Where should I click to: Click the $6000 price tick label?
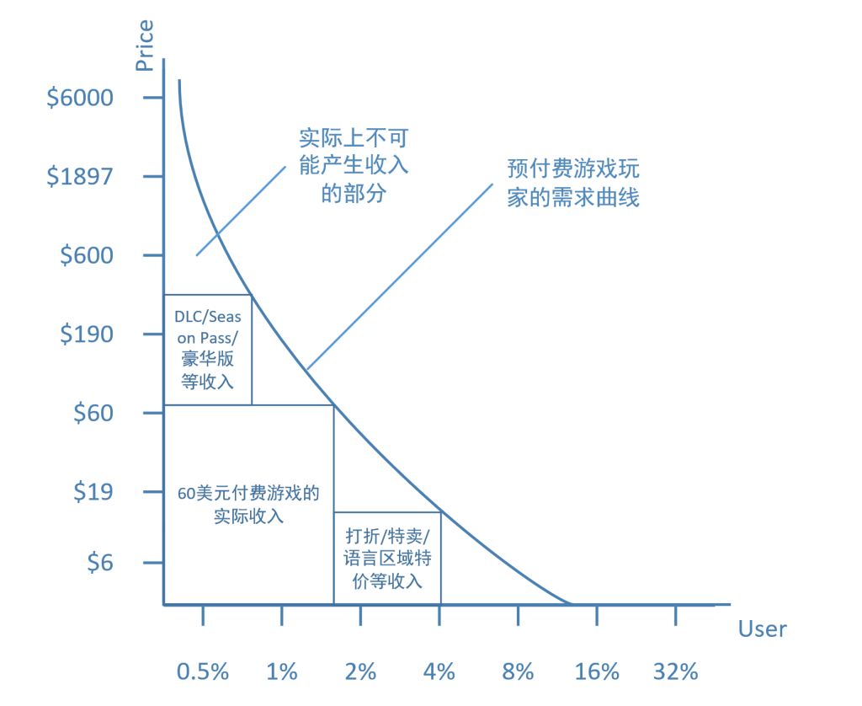tap(80, 98)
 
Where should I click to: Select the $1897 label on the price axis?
tap(80, 177)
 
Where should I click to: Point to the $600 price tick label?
tap(86, 255)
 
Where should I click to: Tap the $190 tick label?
tap(86, 334)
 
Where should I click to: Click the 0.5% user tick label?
tap(203, 671)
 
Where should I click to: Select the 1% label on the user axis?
tap(281, 671)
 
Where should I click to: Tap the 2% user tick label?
tap(360, 671)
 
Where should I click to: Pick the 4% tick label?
tap(439, 671)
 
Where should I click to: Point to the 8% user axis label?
tap(518, 671)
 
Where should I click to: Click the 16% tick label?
tap(597, 671)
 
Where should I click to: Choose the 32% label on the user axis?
tap(676, 671)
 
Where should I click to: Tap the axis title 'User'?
tap(762, 628)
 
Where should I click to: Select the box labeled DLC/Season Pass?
tap(208, 350)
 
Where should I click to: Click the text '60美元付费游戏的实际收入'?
tap(248, 504)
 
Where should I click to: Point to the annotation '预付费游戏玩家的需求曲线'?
tap(573, 183)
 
